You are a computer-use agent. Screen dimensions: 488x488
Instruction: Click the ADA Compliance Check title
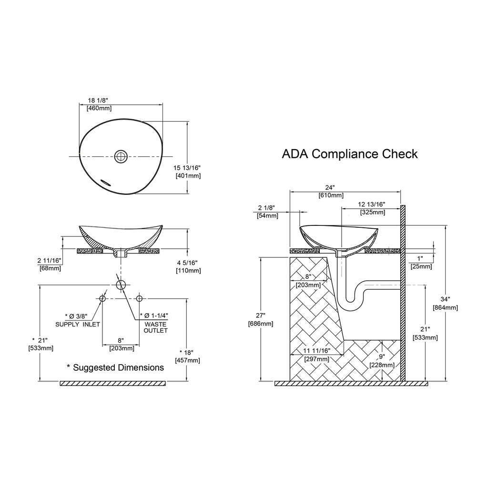349,154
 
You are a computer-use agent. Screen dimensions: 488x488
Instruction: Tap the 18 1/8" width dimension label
98,100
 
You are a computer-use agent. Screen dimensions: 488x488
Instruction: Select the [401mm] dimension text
188,176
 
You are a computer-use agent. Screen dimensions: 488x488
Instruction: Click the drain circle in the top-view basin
121,156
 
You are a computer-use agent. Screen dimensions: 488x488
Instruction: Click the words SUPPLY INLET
78,324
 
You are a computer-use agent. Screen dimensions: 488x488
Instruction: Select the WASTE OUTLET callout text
156,327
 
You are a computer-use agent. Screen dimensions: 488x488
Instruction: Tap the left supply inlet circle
102,298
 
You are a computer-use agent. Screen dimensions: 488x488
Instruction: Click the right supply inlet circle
139,298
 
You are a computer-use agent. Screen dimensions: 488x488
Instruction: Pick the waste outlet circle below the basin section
121,285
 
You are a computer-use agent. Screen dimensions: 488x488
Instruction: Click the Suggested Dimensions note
115,367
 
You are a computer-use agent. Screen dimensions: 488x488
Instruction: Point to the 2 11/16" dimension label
49,261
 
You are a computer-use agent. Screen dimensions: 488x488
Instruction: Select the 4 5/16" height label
187,263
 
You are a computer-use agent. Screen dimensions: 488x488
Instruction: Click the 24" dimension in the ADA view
330,188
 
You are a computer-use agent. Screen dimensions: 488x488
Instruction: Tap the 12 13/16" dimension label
372,204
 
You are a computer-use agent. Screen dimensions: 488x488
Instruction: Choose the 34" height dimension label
445,299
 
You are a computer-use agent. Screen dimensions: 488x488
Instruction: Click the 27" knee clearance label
260,315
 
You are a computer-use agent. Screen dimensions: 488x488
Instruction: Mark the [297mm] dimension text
316,359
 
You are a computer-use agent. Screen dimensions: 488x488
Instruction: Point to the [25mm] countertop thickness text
421,266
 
